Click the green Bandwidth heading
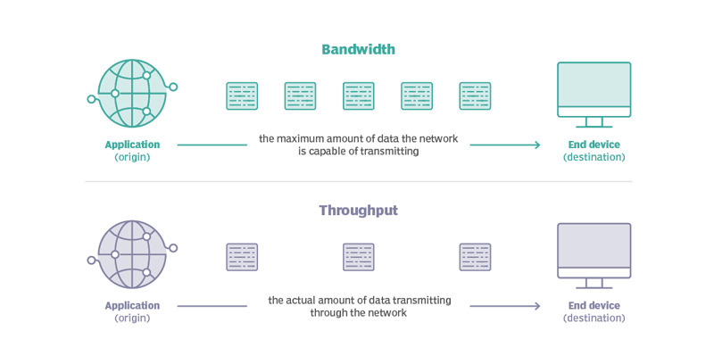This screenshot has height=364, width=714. coord(358,49)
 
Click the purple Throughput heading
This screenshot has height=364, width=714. coord(358,211)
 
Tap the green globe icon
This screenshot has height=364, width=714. coord(132,94)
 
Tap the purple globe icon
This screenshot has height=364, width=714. coord(132,254)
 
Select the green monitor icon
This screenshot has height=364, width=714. coord(594,93)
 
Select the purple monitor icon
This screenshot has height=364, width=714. coord(594,254)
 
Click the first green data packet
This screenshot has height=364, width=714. coord(242,96)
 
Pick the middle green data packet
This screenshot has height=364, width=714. coord(358,96)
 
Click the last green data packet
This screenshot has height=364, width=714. coord(475,96)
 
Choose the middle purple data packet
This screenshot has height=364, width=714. coord(358,257)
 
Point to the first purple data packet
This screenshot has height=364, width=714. coord(242,257)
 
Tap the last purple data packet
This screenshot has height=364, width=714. coord(475,257)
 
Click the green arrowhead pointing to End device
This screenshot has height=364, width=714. coord(536,145)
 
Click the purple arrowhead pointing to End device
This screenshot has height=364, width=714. coord(536,306)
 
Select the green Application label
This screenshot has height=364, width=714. coord(132,145)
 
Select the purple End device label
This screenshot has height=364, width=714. coord(594,305)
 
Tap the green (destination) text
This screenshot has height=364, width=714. coord(594,158)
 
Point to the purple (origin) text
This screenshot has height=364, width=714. coord(132,318)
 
